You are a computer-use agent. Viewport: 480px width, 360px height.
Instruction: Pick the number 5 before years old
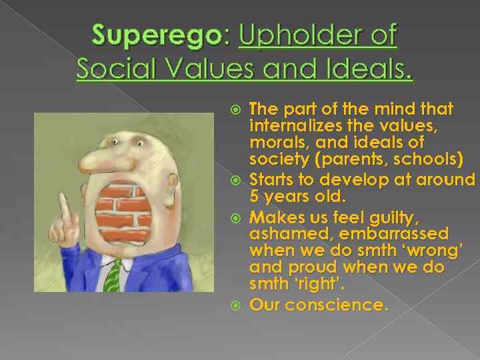[x=254, y=197]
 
